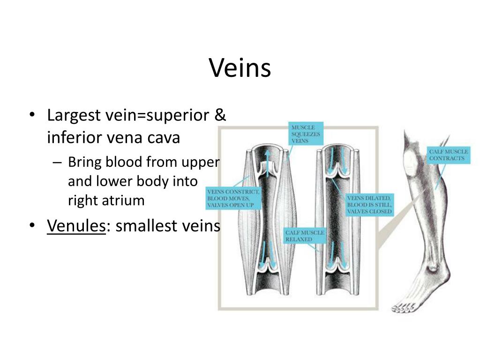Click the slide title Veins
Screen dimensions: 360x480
(240, 68)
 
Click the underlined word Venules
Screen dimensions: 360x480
(75, 226)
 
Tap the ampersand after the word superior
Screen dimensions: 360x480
(220, 115)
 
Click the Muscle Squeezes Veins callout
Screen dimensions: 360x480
(306, 134)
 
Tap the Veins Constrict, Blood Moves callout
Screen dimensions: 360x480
(232, 199)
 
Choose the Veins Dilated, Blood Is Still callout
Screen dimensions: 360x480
(369, 205)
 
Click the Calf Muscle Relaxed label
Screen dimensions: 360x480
(305, 236)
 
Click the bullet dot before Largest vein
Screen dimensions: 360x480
(32, 115)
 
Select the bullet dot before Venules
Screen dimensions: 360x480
(32, 226)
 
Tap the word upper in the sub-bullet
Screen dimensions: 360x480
(202, 163)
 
